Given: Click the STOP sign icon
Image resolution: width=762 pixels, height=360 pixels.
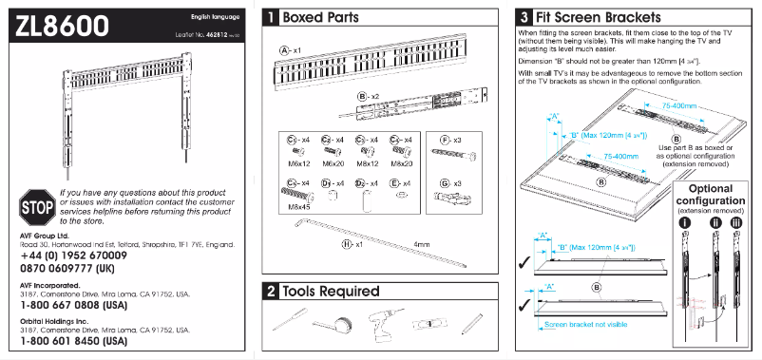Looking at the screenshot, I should [x=35, y=205].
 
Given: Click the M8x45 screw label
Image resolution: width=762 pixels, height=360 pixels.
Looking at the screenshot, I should [x=299, y=206].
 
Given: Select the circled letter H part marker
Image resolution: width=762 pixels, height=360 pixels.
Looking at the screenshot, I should [x=347, y=243].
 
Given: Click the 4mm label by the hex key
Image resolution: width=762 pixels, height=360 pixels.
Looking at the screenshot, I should [x=424, y=244].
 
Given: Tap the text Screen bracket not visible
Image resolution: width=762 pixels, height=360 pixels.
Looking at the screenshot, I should [x=585, y=324].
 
